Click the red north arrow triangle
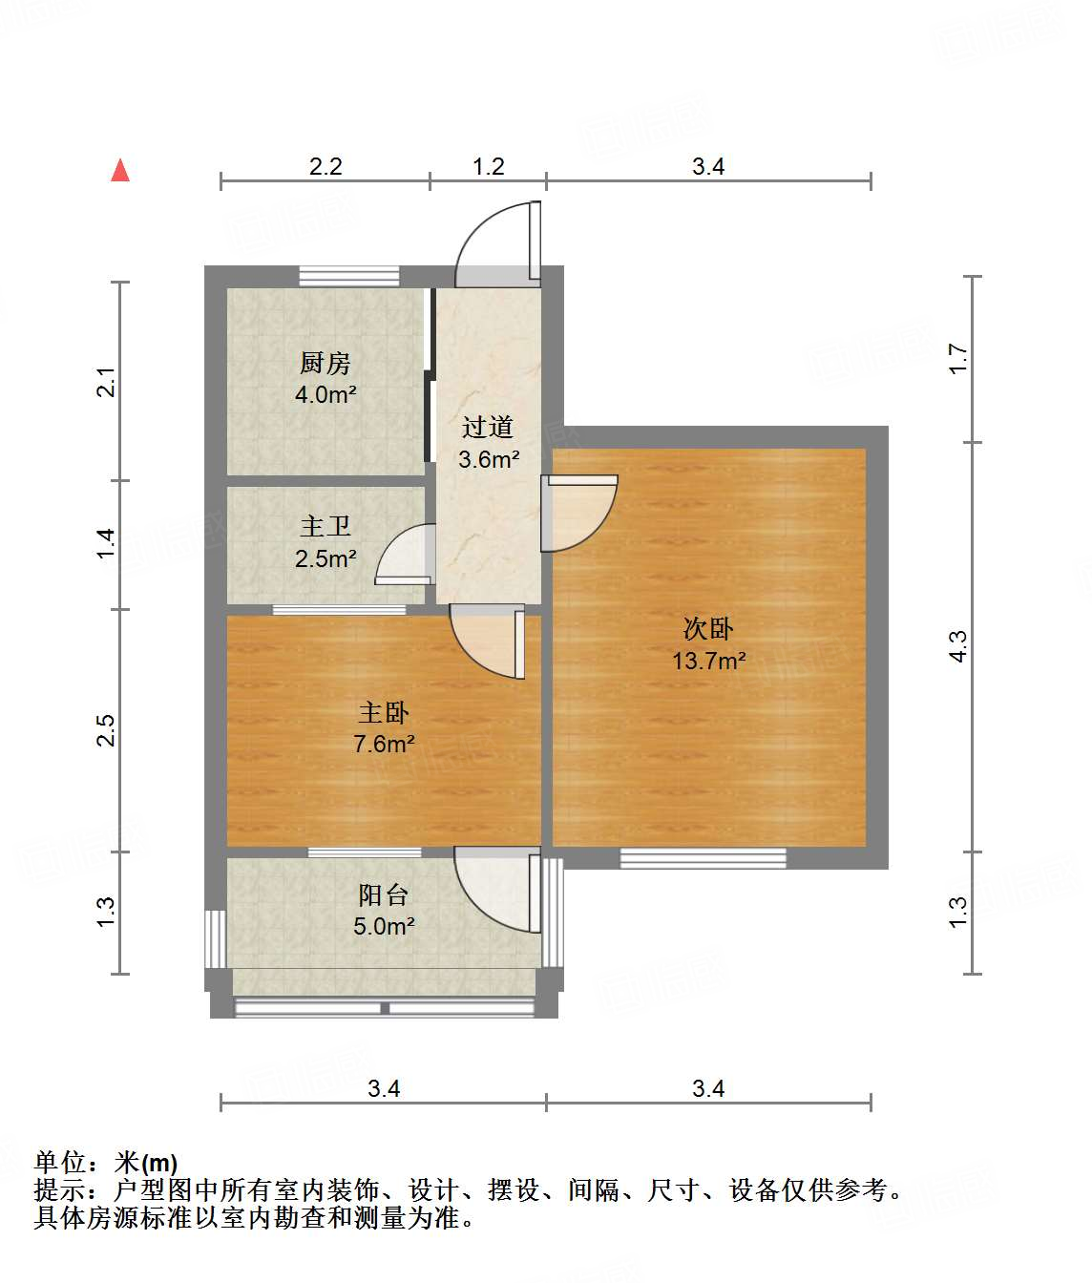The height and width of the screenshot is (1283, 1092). tap(120, 171)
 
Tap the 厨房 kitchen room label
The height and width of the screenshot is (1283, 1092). tap(325, 363)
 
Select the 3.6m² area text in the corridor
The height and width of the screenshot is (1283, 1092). tap(489, 459)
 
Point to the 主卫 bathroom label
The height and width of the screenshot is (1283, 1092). tap(325, 526)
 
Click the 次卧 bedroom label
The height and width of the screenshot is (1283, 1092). tap(708, 628)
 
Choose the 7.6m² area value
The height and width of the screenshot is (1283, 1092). tap(384, 744)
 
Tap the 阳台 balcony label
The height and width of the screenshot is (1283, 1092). tap(384, 894)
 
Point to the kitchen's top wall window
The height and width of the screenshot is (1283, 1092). tap(348, 276)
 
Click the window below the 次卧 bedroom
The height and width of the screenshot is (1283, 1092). tap(703, 858)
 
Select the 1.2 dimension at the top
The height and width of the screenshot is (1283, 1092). tap(488, 167)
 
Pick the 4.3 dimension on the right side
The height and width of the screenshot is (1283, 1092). tap(958, 646)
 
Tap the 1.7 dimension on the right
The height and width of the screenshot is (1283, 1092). tap(958, 359)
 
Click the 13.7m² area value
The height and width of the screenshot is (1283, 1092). tap(708, 661)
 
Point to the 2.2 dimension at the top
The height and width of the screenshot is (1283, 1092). tap(325, 167)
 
